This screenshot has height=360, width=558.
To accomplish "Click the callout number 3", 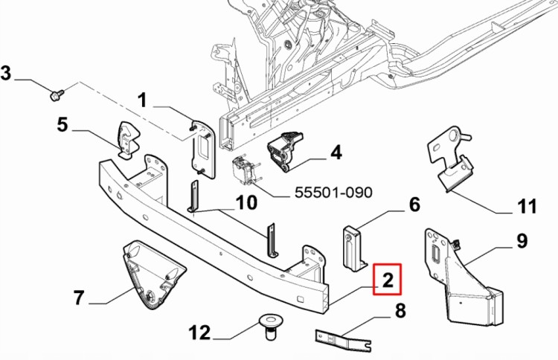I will click(x=7, y=74).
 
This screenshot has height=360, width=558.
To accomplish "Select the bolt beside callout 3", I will click(x=57, y=94).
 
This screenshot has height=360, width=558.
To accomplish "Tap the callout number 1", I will click(x=142, y=100).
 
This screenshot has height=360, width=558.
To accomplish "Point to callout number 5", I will click(x=62, y=124).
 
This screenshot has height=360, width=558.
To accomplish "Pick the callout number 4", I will click(x=336, y=152).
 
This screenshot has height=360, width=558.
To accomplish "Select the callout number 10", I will click(x=246, y=202).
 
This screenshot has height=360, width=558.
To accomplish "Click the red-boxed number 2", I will click(x=388, y=281).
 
